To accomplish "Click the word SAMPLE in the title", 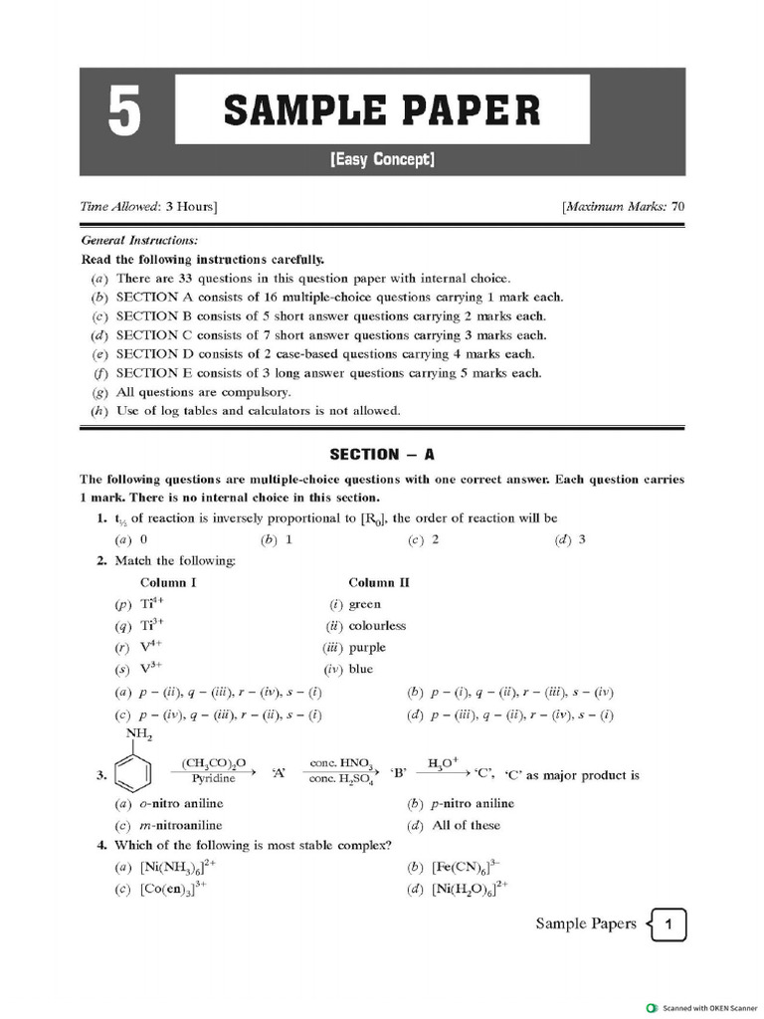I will coord(297,109).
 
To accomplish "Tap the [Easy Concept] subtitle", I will coord(382,159).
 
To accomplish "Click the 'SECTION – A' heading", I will coord(382,454).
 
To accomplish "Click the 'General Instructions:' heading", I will coord(138,240).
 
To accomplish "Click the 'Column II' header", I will coord(379,582).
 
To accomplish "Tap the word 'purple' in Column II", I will coord(367,647).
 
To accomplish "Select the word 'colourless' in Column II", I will coord(377,626).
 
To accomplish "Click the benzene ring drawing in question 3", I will coord(135,773).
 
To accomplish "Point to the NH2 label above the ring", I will coord(138,735).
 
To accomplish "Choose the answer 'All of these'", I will coord(467,825).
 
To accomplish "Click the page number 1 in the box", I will coord(670,925).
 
